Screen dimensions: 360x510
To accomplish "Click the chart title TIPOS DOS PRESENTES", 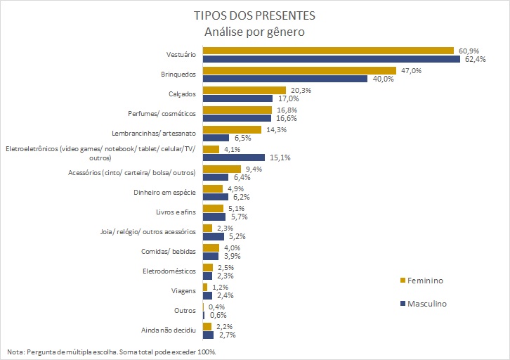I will tap(254, 15).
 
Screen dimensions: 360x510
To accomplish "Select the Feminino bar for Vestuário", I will tap(327, 51).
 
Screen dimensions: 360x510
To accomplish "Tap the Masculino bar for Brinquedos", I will tap(285, 79).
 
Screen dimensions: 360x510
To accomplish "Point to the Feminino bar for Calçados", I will tap(244, 90).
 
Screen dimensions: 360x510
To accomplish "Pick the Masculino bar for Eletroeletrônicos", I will tap(233, 157).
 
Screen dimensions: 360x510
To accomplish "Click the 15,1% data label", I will tap(279, 157).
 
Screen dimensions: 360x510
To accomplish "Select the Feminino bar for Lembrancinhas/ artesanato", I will tap(232, 129).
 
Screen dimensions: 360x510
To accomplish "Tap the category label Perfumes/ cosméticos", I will tap(165, 114).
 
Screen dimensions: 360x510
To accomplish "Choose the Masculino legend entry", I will tap(423, 304).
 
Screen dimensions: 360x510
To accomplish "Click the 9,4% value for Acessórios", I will tap(254, 169).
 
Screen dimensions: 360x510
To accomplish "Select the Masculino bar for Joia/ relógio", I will tap(213, 236).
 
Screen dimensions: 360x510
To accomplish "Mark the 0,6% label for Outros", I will tap(218, 315).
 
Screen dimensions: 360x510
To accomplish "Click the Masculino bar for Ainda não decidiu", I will tap(207, 335).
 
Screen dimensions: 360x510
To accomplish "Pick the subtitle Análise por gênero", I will tap(254, 32).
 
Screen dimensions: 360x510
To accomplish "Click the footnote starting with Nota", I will tap(111, 352).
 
